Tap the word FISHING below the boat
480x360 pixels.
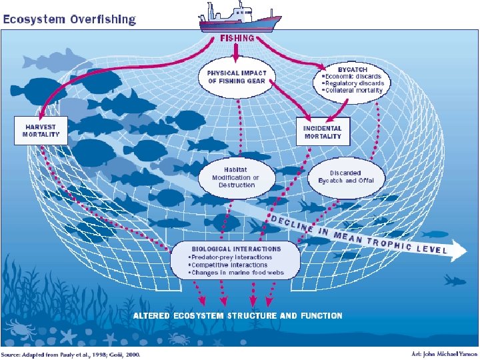pos(237,38)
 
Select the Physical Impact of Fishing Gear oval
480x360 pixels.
pos(237,77)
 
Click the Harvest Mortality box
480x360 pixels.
pos(41,130)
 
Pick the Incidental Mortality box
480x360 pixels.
pos(323,132)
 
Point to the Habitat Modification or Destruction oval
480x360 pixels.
pos(235,177)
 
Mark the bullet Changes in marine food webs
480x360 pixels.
pos(236,273)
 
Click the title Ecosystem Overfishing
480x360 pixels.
pos(69,19)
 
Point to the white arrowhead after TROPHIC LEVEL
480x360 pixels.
pos(459,251)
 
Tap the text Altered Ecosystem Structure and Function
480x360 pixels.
pos(238,315)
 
